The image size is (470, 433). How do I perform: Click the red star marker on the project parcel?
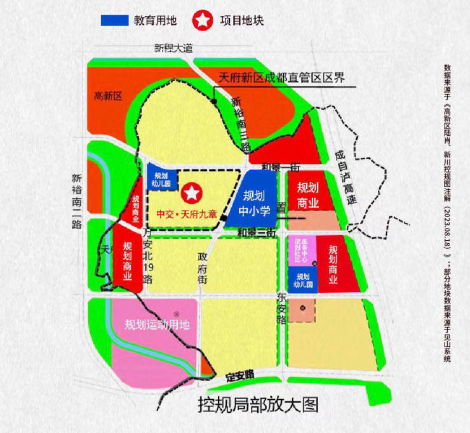pos(191,192)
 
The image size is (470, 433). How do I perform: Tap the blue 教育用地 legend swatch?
pos(114,20)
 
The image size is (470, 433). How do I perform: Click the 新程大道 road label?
pos(173,48)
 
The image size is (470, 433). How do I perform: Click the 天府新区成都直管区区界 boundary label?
pos(281,78)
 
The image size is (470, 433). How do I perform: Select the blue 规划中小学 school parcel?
pos(254,199)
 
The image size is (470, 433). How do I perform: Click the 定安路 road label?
pos(240,376)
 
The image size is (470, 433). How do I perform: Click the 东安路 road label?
pos(283,304)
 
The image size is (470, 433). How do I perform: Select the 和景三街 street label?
pos(255,233)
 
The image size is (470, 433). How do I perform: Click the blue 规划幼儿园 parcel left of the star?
pos(160,180)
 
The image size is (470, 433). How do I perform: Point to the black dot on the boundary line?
pos(215,101)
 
